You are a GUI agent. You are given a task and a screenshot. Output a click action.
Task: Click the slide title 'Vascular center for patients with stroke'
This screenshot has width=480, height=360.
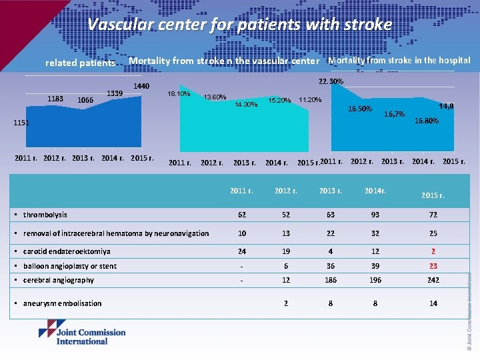[x=240, y=25]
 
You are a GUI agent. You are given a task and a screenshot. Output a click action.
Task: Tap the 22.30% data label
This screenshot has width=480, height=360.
[x=331, y=81]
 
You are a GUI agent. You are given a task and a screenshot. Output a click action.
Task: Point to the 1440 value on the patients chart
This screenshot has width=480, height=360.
[x=141, y=86]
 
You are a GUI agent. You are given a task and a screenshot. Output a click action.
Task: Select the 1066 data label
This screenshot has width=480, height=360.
[x=85, y=100]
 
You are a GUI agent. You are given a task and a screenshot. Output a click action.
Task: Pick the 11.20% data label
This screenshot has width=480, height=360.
[x=310, y=100]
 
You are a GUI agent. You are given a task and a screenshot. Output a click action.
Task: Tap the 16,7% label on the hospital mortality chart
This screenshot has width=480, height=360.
[x=395, y=115]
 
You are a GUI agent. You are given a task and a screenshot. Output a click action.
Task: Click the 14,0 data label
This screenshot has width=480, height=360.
[x=446, y=106]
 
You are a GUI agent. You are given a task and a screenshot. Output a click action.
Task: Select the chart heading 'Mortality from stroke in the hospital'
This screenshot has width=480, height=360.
[x=399, y=60]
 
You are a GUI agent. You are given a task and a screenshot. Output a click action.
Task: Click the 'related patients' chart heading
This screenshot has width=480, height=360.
[x=79, y=63]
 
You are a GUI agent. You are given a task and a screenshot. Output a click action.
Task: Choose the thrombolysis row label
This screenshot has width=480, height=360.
[x=45, y=215]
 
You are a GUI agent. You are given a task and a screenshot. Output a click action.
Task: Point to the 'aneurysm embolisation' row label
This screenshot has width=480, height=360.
[x=61, y=303]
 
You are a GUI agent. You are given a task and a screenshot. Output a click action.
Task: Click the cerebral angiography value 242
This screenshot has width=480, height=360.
[x=433, y=280]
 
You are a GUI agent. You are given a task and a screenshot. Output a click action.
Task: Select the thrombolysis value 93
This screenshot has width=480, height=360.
[x=375, y=215]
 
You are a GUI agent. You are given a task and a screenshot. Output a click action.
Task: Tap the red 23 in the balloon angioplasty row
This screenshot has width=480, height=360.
[x=433, y=266]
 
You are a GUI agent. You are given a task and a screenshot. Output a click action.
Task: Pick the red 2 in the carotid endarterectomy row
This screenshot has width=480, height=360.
[x=433, y=251]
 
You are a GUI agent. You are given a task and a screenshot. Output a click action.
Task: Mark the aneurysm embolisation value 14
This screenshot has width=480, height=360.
[x=433, y=303]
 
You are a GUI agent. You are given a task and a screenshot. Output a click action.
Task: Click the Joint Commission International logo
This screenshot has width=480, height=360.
[x=82, y=332]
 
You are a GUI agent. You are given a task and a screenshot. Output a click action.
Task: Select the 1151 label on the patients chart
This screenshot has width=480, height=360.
[x=22, y=123]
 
